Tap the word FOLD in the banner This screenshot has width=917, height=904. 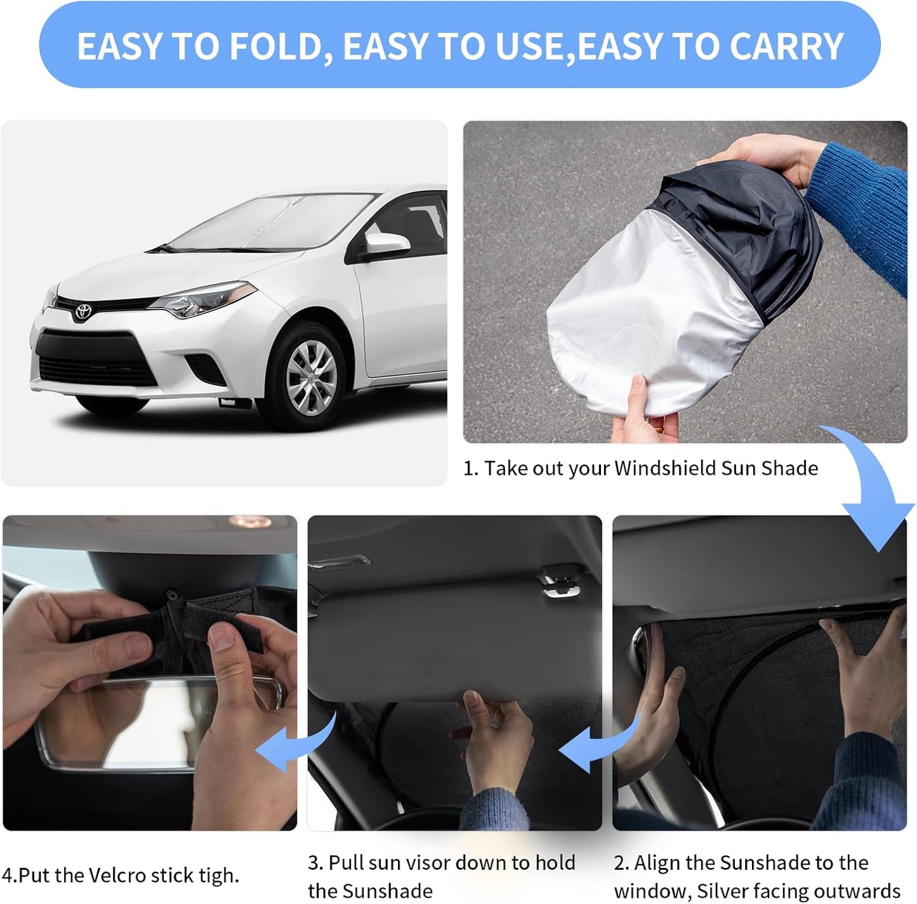click(x=280, y=46)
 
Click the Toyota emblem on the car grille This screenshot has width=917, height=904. click(x=83, y=311)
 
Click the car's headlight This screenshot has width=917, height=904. click(x=203, y=301)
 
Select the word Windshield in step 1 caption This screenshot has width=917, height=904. click(x=665, y=468)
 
